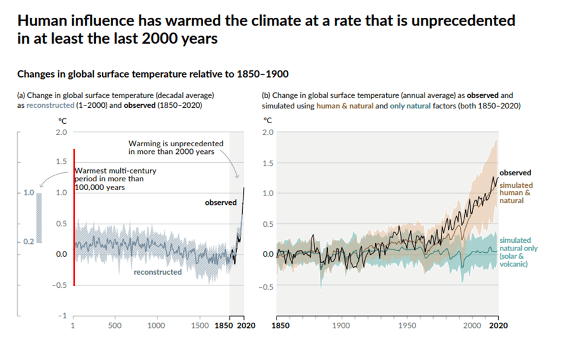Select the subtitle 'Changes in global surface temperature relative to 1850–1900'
click(153, 75)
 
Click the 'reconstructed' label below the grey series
click(158, 272)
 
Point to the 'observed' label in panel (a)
click(221, 202)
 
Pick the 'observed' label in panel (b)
click(515, 173)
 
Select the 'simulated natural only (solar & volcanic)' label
click(518, 252)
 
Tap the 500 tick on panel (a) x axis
click(115, 325)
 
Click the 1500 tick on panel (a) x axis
click(200, 325)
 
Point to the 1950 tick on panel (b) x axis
click(406, 325)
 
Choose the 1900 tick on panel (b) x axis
click(341, 325)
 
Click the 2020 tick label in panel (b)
click(499, 325)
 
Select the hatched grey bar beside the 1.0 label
click(40, 217)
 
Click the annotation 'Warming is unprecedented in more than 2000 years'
click(175, 147)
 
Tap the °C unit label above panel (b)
click(268, 120)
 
